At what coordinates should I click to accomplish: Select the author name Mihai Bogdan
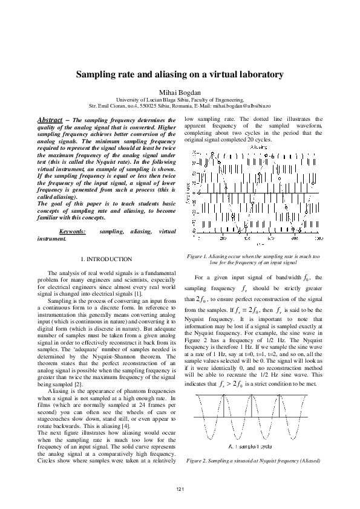click(179, 90)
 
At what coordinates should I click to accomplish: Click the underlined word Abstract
click(50, 120)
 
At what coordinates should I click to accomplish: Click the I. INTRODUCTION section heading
click(106, 259)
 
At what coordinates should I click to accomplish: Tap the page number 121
click(180, 488)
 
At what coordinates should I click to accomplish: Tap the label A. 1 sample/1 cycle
click(251, 446)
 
